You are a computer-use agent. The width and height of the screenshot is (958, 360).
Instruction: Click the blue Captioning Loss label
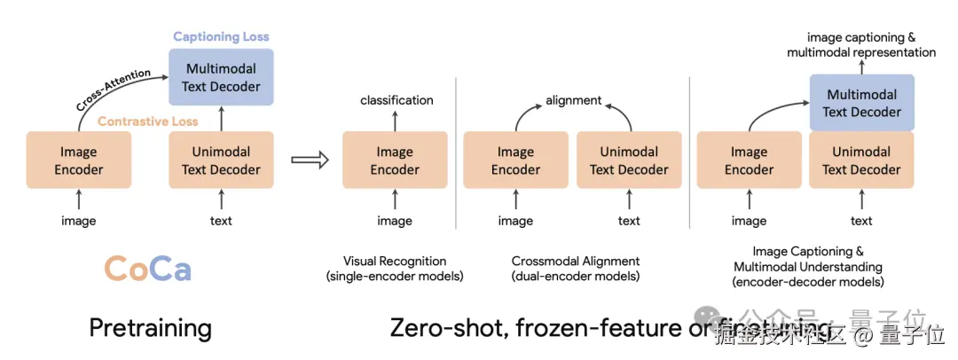[221, 36]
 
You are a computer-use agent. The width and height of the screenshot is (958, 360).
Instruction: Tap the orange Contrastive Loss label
[148, 121]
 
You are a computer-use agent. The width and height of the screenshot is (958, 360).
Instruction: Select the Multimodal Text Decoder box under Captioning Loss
[221, 77]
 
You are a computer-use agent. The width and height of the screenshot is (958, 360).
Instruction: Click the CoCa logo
[147, 268]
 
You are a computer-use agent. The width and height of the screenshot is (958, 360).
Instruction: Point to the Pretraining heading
[150, 328]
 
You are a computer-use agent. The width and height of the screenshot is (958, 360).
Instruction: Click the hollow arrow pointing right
[310, 160]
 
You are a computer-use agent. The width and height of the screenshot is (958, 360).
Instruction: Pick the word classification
[397, 100]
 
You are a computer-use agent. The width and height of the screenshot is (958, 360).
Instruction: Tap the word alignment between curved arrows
[573, 100]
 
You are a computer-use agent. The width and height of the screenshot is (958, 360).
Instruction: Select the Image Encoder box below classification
[395, 160]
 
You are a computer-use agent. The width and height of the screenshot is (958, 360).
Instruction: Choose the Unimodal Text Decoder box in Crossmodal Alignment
[629, 160]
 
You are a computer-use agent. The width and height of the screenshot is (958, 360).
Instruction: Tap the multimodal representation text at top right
[861, 52]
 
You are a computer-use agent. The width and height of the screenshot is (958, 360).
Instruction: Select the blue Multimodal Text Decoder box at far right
[861, 103]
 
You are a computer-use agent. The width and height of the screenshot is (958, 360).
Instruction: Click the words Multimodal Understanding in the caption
[808, 266]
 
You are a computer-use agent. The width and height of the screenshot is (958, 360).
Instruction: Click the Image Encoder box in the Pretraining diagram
[79, 160]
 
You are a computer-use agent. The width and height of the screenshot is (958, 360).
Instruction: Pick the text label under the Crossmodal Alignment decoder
[629, 221]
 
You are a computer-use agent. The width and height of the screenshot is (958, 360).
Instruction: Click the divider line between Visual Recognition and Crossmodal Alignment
[456, 177]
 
